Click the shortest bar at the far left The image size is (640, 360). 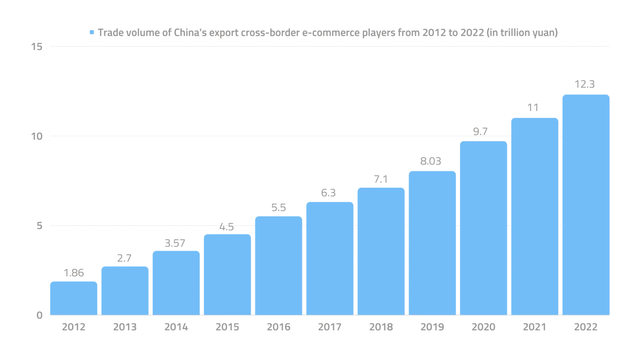73,298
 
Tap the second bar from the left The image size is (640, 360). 124,290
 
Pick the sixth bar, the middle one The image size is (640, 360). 329,258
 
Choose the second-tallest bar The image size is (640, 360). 534,216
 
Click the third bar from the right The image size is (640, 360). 483,228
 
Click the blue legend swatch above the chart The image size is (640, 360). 93,32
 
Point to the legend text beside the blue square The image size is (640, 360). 328,32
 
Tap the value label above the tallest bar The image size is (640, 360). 585,84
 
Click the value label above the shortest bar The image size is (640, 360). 74,274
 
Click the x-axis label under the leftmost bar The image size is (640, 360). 73,327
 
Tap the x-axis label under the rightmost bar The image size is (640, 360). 585,327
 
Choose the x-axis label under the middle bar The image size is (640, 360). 329,327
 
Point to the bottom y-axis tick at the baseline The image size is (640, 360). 39,316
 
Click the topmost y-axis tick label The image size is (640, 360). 37,47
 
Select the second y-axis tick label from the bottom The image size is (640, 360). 39,226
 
